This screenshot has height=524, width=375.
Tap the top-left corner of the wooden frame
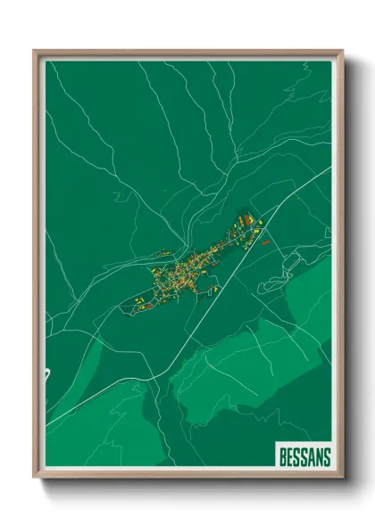tap(35, 51)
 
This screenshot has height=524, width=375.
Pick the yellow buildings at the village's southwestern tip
tap(141, 301)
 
